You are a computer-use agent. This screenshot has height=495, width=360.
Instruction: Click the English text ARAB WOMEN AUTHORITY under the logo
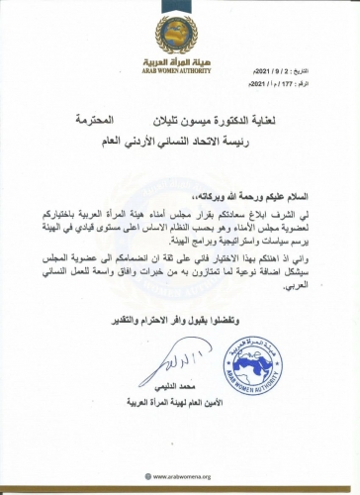pyautogui.click(x=179, y=65)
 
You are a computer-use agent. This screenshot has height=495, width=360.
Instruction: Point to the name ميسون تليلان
pyautogui.click(x=194, y=119)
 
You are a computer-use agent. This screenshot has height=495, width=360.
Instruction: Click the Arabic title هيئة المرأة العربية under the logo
pyautogui.click(x=179, y=53)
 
